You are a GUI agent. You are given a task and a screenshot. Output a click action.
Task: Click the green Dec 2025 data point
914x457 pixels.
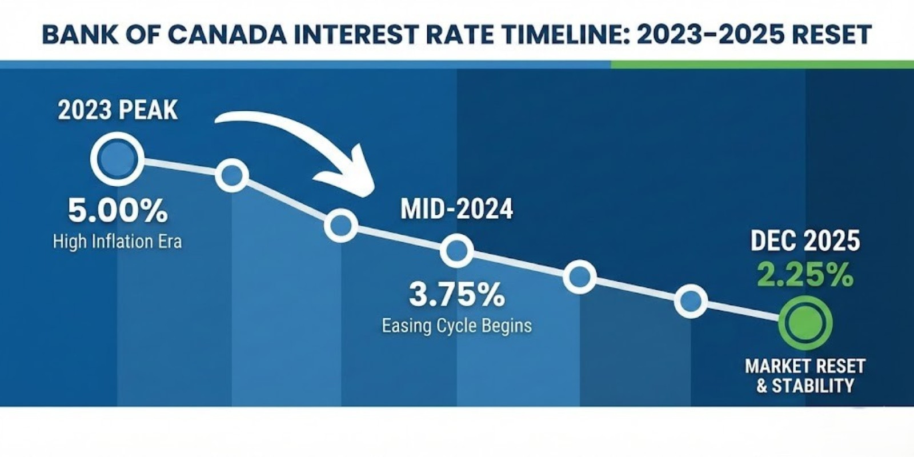[x=805, y=323]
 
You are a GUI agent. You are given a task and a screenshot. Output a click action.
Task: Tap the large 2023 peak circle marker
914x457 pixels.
[x=117, y=159]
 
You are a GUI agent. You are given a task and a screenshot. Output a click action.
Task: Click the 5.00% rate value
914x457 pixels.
[x=118, y=211]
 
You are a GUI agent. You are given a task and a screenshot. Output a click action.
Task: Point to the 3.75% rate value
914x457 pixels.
[x=456, y=295]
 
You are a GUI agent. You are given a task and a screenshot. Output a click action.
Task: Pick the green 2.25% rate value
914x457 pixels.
[x=805, y=276]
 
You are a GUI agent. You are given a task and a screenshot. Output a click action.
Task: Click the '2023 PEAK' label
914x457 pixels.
[x=118, y=110]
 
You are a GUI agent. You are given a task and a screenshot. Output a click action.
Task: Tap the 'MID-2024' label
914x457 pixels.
[x=456, y=210]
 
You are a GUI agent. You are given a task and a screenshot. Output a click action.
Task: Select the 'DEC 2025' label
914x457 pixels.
[x=805, y=242]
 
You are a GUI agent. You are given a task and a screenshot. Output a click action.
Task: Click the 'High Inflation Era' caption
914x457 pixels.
[x=118, y=242]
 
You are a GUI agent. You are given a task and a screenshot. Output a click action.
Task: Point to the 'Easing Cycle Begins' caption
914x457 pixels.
[x=456, y=326]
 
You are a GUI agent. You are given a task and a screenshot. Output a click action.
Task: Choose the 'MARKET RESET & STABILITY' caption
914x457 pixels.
[x=805, y=375]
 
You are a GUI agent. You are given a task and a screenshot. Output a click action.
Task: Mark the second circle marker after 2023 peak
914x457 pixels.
[x=341, y=226]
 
